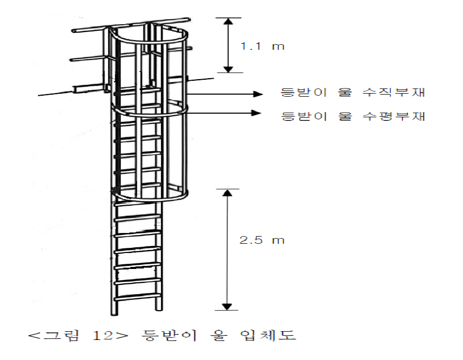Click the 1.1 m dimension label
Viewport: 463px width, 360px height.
[262, 46]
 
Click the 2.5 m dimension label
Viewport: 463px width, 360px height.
[262, 240]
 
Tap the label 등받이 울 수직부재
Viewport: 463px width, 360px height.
[353, 93]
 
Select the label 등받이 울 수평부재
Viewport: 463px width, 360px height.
[353, 116]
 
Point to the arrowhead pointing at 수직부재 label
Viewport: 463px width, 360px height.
[258, 94]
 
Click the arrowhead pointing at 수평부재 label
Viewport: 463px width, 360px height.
[256, 113]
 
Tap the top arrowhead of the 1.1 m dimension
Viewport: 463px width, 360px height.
[228, 21]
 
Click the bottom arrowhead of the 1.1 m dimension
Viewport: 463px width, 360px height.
[228, 69]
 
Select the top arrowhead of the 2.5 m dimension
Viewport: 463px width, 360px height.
[227, 193]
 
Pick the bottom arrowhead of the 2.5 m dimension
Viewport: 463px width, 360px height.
[227, 307]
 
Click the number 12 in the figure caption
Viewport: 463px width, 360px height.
[102, 335]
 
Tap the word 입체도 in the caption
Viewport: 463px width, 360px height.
[268, 335]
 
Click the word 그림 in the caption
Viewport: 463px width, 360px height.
[61, 335]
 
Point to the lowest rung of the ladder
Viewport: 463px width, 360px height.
[137, 297]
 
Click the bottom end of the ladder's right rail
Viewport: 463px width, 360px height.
[159, 309]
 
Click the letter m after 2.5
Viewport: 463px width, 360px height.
[278, 241]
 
